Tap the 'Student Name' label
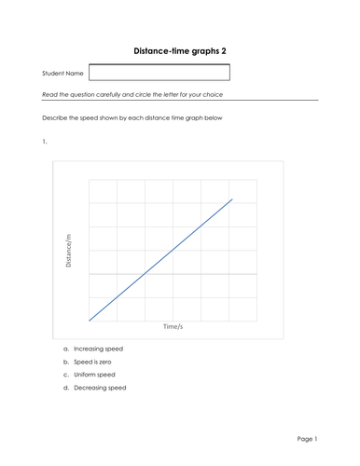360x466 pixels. (x=62, y=73)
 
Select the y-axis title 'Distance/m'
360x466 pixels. (x=68, y=250)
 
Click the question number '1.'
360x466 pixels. (x=45, y=141)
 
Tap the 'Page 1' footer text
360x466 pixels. (x=307, y=438)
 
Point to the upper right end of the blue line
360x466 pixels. (x=232, y=199)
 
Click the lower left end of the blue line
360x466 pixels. (x=89, y=320)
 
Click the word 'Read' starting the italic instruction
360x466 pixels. (x=50, y=94)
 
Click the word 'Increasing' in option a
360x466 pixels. (x=89, y=348)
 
